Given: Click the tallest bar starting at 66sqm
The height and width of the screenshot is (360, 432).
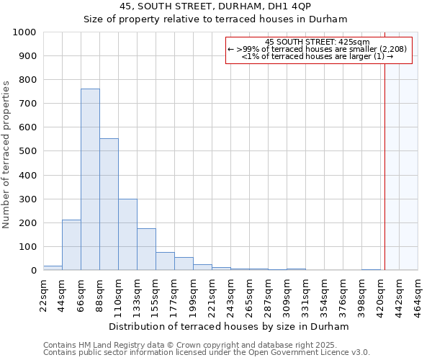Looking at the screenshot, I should (90, 180).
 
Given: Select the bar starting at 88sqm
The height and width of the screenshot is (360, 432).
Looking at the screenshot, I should (109, 204).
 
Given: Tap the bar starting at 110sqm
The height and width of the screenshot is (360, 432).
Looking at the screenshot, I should (127, 235).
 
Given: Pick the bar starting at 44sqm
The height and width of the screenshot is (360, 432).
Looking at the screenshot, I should (71, 245).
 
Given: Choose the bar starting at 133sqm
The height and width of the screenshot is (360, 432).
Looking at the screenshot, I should (146, 249).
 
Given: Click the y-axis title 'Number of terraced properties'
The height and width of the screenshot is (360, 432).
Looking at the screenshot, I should (7, 154).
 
